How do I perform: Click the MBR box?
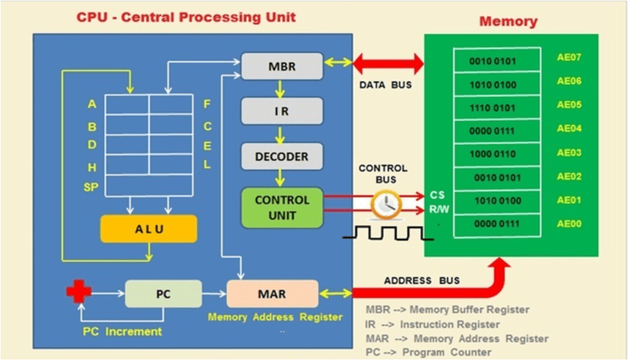click(282, 66)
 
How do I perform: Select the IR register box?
click(282, 111)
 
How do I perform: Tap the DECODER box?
click(282, 156)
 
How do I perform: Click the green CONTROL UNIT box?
click(282, 207)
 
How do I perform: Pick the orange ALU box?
click(149, 229)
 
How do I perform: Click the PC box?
click(163, 294)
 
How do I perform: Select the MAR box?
click(272, 294)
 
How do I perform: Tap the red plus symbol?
click(79, 293)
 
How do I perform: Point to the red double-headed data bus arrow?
click(388, 63)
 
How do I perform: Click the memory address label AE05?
click(569, 105)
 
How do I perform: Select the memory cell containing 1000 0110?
click(497, 154)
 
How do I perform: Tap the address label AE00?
click(569, 224)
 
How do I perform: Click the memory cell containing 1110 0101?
click(497, 108)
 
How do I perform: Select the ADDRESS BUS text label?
click(422, 280)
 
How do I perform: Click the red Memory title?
click(508, 22)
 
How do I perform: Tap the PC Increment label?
click(122, 332)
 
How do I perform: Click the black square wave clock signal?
click(388, 233)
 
